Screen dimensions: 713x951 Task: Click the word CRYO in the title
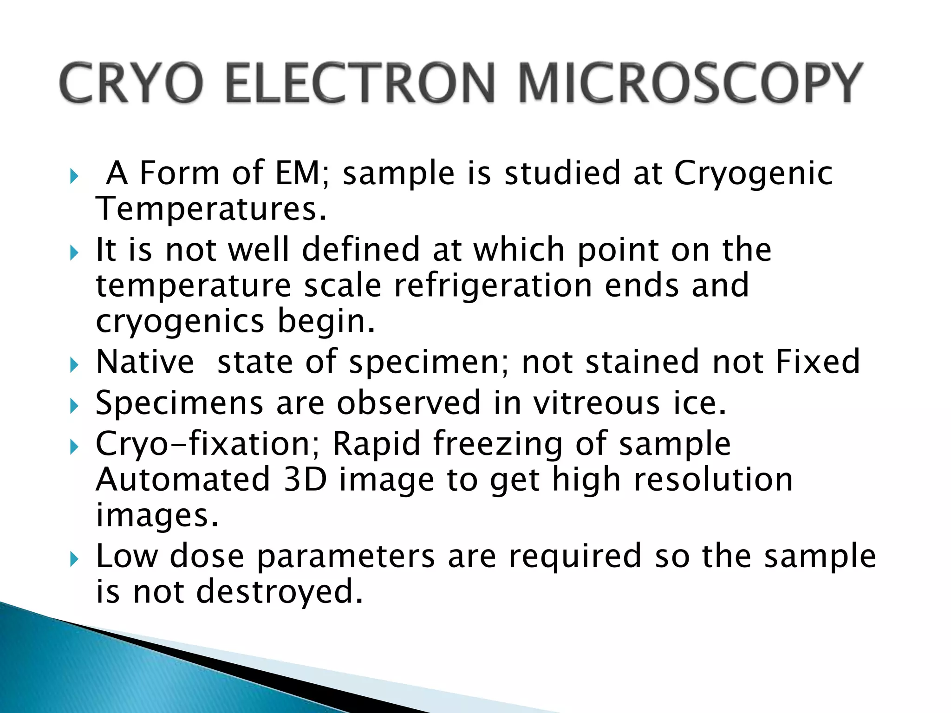click(131, 84)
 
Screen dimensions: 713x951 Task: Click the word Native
click(145, 362)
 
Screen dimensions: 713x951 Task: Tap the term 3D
click(305, 480)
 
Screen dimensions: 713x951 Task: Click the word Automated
click(183, 480)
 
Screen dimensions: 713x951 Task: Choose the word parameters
click(346, 556)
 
